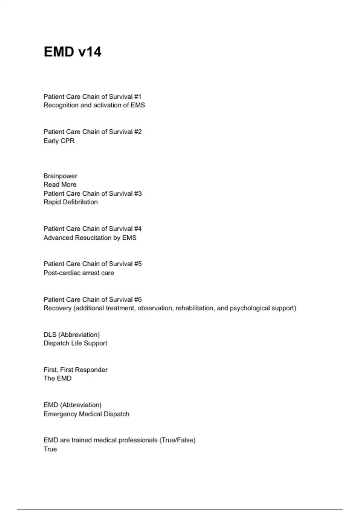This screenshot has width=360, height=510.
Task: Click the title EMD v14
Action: point(73,52)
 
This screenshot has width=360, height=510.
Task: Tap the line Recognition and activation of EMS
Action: point(94,105)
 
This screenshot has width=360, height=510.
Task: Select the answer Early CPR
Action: point(59,141)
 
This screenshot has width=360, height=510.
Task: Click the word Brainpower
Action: point(60,176)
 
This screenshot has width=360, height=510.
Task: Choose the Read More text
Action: point(60,184)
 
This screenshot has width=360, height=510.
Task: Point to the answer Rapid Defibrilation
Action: point(70,202)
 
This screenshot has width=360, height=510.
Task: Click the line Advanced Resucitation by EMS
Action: point(90,238)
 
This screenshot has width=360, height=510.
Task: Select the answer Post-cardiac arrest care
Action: point(79,273)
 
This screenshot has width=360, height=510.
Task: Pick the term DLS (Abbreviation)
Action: point(72,334)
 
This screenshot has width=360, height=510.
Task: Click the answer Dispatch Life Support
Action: point(75,343)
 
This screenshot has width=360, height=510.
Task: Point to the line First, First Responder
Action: point(76,370)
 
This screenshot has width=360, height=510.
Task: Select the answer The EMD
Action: point(58,378)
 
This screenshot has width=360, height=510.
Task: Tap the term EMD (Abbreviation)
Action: point(73,405)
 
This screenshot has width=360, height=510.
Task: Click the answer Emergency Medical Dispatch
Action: point(86,414)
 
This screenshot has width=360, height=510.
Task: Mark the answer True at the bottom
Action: point(50,449)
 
